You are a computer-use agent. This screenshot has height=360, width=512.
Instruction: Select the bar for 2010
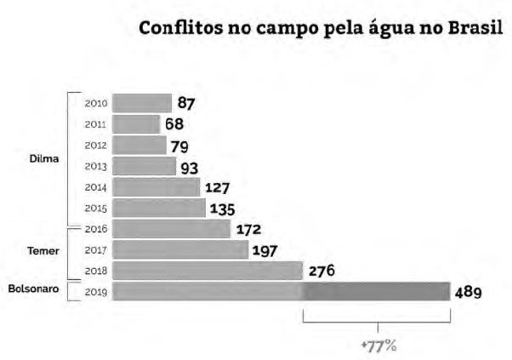(x=142, y=104)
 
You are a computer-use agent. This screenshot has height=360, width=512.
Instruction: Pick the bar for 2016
(x=171, y=229)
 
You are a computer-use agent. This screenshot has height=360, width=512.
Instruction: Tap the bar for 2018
(x=207, y=271)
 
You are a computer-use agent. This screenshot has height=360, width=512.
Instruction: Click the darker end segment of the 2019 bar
(x=376, y=291)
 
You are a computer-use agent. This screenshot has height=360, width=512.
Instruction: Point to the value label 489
(x=468, y=292)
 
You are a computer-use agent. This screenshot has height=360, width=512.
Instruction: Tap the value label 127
(x=217, y=187)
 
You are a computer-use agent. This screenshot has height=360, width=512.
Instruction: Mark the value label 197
(x=265, y=250)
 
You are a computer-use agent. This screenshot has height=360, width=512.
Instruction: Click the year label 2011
(x=96, y=124)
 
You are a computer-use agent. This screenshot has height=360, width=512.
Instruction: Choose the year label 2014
(x=96, y=187)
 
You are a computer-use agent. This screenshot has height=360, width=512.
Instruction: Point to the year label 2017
(x=96, y=250)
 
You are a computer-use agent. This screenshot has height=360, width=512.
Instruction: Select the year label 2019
(x=96, y=292)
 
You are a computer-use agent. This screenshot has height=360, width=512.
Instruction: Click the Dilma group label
(x=43, y=157)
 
